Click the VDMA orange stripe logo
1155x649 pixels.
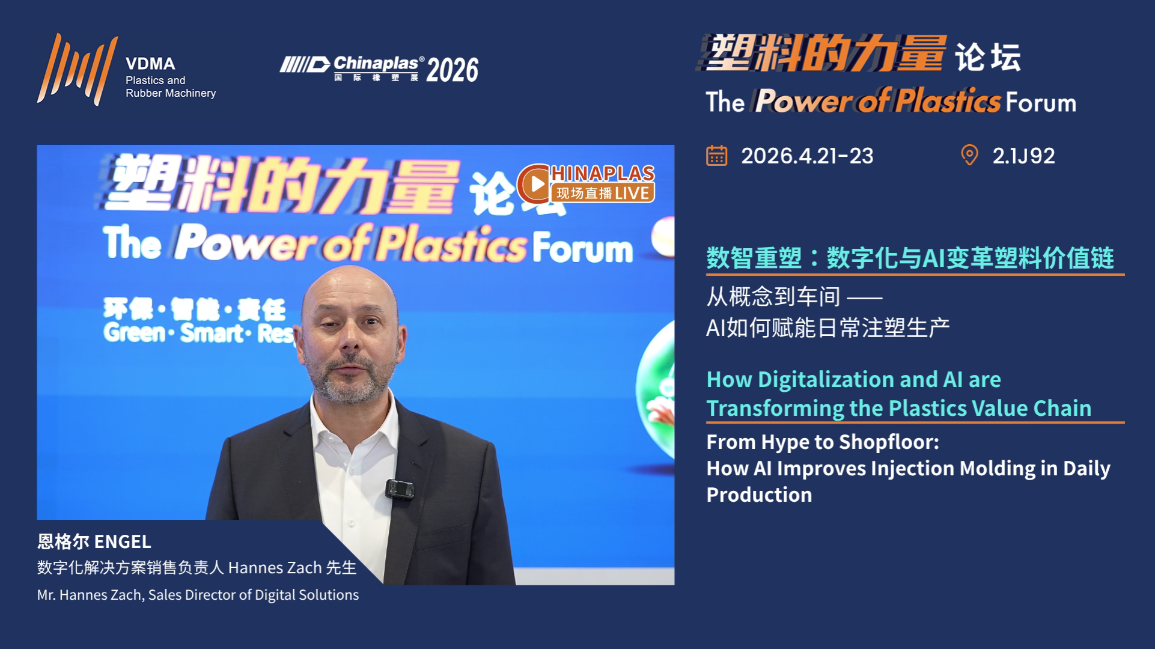pos(76,70)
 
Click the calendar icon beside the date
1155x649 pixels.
pos(716,156)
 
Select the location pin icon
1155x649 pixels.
pos(969,155)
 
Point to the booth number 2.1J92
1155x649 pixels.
pos(1023,156)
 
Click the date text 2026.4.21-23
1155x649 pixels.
pos(807,156)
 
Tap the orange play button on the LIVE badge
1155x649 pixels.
pos(534,184)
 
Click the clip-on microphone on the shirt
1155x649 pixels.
pos(400,489)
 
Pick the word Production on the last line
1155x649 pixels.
pos(759,495)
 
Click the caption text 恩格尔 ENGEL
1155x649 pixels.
pos(94,541)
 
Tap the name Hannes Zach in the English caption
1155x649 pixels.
pos(102,595)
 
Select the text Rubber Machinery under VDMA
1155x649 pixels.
pos(171,93)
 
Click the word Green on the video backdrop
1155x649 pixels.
pos(134,332)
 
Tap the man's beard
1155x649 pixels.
pos(352,379)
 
